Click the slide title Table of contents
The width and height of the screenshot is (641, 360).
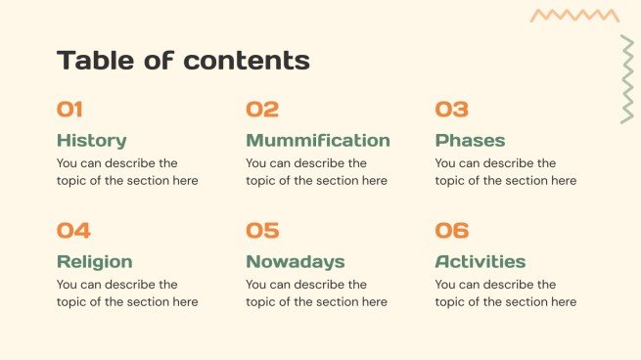tap(183, 61)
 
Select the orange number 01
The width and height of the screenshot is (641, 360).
tap(69, 110)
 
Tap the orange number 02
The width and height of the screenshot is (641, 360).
tap(262, 110)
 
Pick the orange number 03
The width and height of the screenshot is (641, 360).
tap(452, 110)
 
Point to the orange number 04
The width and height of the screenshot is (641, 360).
tap(73, 231)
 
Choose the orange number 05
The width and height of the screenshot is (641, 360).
tap(262, 231)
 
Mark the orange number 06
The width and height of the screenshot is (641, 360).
tap(452, 231)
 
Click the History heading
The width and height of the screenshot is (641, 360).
tap(91, 140)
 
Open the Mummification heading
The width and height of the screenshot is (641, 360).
tap(317, 140)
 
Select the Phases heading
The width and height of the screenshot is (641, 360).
tap(470, 140)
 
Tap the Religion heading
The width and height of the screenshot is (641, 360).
tap(94, 261)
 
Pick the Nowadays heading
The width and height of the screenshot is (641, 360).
tap(295, 261)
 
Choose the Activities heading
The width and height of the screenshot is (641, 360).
tap(480, 261)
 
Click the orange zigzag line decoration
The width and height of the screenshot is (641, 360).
tap(574, 16)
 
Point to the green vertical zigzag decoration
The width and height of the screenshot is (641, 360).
tap(626, 80)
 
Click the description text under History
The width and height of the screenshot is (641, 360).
tap(127, 172)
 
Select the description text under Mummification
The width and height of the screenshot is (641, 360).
tap(316, 172)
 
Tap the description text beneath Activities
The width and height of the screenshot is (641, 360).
tap(505, 293)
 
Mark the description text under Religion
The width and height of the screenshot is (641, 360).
tap(127, 293)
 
